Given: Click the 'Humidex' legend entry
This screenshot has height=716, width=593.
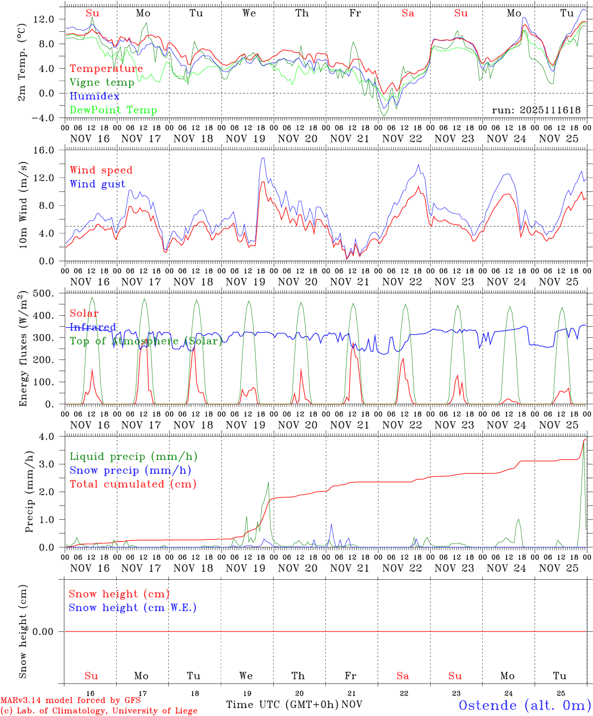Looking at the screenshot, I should (94, 96).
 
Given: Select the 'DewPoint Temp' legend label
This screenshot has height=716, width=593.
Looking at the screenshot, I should (113, 110).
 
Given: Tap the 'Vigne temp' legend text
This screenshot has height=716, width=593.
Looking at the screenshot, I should (102, 83).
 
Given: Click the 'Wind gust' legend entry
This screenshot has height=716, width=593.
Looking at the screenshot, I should (97, 184).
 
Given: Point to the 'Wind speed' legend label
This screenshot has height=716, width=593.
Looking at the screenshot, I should (101, 170).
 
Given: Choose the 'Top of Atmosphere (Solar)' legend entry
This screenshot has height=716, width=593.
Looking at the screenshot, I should (146, 341).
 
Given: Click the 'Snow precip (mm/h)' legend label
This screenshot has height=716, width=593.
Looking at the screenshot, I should (130, 470).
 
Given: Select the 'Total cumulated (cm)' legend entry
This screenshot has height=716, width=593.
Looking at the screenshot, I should (133, 484).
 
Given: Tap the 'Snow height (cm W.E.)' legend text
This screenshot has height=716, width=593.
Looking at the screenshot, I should (133, 608).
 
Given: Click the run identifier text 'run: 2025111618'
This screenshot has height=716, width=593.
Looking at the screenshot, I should (536, 110).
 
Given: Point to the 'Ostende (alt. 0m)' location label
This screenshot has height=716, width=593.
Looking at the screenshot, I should (525, 705).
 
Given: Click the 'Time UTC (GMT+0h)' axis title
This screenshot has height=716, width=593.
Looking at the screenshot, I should (282, 705).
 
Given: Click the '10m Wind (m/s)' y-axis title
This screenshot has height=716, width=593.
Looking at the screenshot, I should (23, 205).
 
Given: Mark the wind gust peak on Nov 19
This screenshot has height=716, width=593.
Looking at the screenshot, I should (263, 158).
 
